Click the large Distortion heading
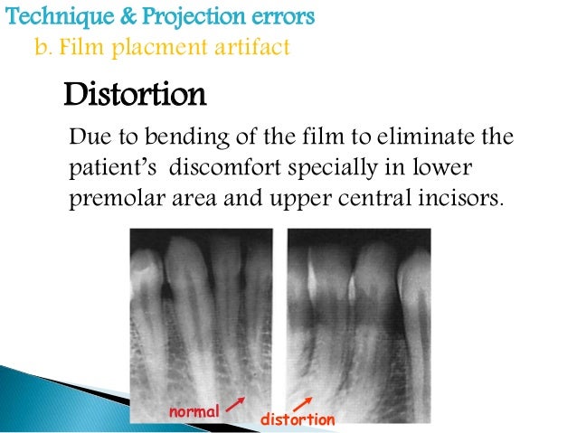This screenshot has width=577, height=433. (135, 94)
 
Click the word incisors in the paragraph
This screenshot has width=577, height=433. (460, 199)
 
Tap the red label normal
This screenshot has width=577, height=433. (194, 412)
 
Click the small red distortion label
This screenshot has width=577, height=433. (298, 420)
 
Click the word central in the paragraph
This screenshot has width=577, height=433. (379, 199)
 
